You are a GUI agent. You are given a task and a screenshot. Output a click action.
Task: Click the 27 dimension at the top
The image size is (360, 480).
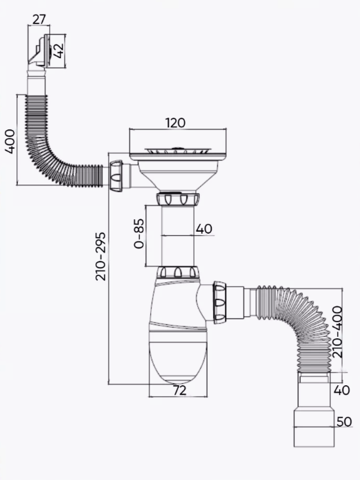(39, 19)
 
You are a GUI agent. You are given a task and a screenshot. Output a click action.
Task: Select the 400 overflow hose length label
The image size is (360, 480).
(10, 141)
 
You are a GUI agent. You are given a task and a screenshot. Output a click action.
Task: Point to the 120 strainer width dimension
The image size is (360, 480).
(176, 122)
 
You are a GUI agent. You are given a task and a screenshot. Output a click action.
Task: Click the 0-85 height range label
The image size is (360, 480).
(138, 234)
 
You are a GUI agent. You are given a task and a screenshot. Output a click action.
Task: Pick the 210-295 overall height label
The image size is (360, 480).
(100, 257)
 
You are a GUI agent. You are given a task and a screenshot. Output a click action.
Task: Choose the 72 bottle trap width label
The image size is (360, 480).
(179, 391)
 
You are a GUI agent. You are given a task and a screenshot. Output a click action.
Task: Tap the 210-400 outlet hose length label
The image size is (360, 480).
(337, 332)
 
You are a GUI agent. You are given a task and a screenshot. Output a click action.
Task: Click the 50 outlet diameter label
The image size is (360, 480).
(344, 422)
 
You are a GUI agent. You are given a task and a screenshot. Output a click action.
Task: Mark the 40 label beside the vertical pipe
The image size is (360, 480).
(204, 229)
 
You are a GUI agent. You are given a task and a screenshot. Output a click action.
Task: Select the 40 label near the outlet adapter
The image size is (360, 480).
(341, 390)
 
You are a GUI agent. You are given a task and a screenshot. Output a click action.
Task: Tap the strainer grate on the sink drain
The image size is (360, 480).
(178, 151)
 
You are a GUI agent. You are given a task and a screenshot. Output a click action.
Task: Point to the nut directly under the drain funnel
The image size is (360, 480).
(178, 199)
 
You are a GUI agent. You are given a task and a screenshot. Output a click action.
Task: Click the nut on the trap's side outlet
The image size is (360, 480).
(219, 303)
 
